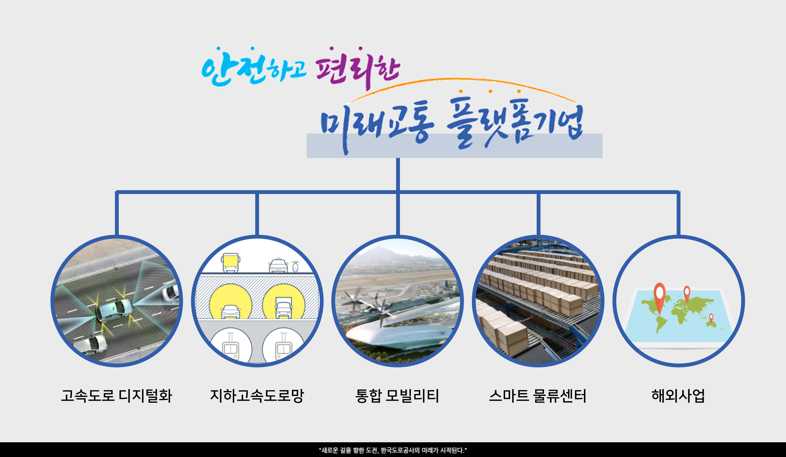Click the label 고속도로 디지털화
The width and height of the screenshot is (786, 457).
coord(116,396)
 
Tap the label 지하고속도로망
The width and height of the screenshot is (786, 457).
coord(257,396)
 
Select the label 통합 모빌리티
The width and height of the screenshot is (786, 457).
coord(397,396)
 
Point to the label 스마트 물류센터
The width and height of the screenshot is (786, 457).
coord(538,396)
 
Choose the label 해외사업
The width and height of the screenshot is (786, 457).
coord(678,396)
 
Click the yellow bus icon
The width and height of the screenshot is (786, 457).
coord(230,263)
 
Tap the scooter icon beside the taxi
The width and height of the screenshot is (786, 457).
coord(295,267)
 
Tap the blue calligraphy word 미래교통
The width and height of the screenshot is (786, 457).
coord(377,126)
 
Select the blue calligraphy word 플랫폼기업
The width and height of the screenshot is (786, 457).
coord(515,123)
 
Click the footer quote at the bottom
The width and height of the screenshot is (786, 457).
coord(393,450)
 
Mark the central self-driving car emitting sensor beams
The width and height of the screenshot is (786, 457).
coord(113,310)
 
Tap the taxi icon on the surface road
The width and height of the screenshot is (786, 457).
coord(278,265)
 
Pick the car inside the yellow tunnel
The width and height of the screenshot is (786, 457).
coord(230,311)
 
